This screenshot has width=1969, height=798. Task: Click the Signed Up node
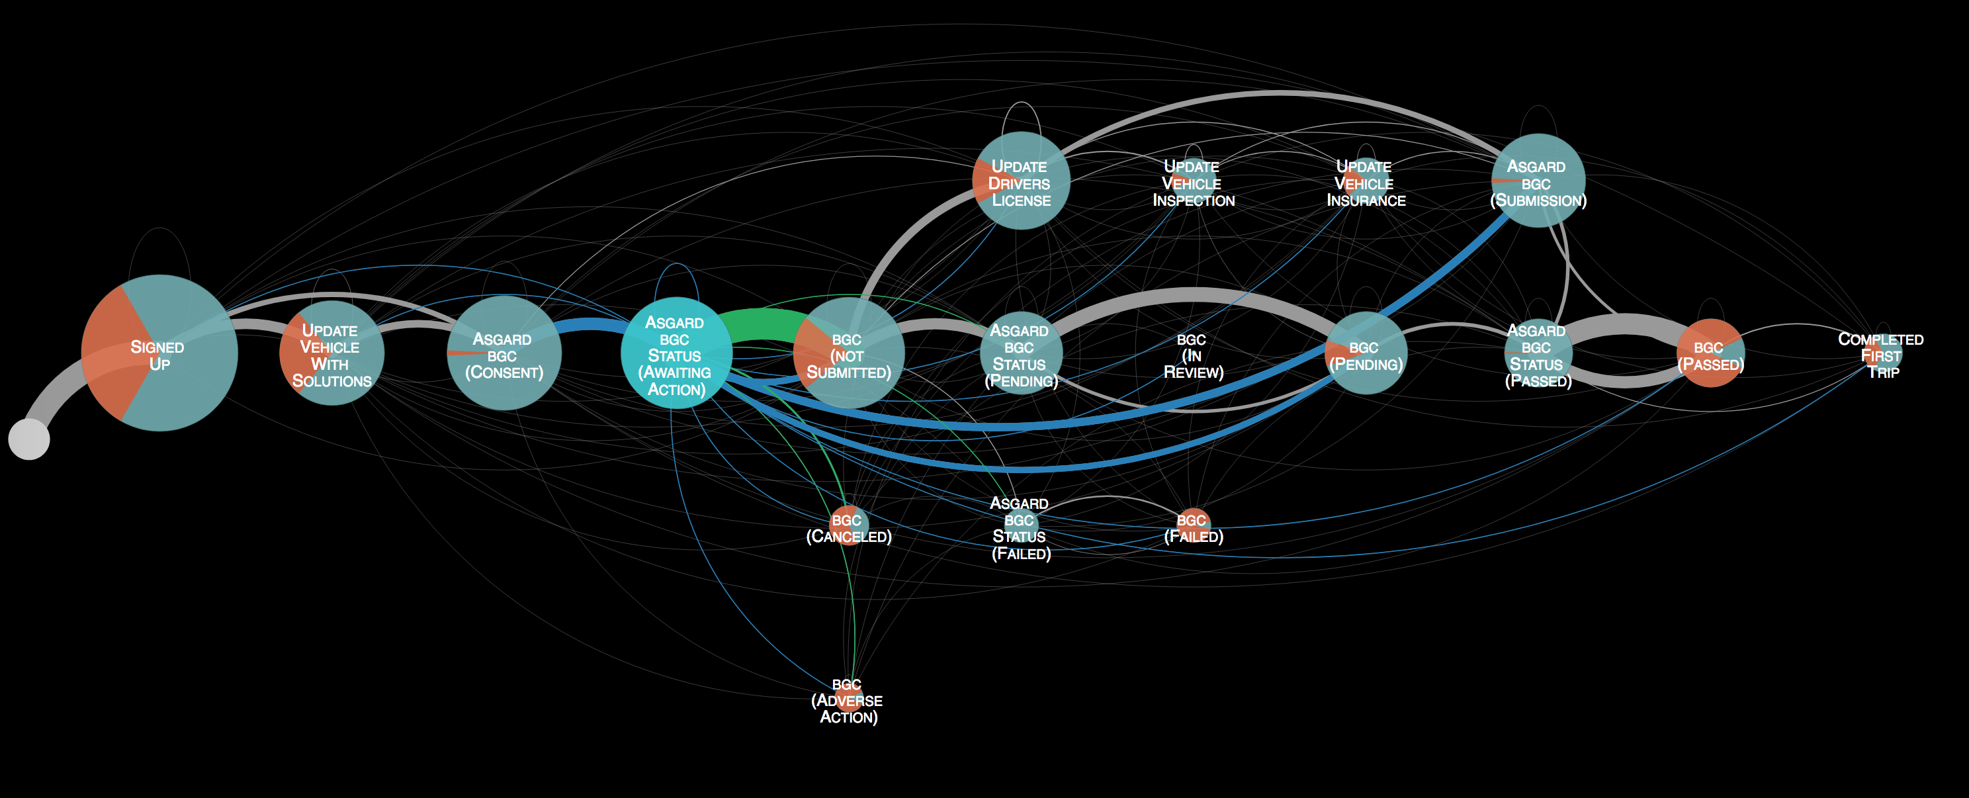point(159,353)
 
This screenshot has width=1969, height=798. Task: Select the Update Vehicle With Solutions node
point(331,353)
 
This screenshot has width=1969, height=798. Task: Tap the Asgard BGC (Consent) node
point(504,353)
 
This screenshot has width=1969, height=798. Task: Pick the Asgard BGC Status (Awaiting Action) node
point(676,353)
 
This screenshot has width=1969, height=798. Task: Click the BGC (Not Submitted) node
point(848,353)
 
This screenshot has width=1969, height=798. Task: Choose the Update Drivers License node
point(1020,181)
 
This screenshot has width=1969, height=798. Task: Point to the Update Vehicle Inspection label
point(1193,183)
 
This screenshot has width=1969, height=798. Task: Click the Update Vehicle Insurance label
point(1366,183)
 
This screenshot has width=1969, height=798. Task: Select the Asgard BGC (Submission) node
point(1538,181)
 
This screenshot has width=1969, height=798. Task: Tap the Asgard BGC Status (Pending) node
point(1020,354)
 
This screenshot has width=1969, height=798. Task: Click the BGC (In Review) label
point(1193,355)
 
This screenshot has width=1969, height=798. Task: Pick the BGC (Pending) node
point(1366,353)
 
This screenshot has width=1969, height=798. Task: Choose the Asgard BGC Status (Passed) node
point(1538,354)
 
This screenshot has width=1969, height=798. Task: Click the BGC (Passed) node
point(1711,353)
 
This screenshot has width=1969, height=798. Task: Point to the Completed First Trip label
point(1881,355)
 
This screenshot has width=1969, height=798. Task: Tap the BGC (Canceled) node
point(848,525)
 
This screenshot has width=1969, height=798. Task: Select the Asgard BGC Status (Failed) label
point(1020,528)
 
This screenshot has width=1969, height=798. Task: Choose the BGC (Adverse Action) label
point(848,700)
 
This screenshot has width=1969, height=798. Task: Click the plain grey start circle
point(29,439)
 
